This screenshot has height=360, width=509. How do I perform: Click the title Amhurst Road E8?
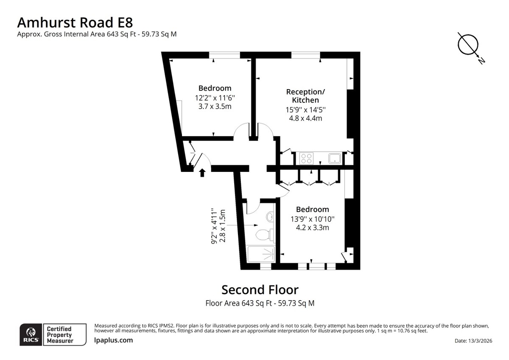coord(75,22)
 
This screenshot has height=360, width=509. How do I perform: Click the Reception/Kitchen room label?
coord(305,96)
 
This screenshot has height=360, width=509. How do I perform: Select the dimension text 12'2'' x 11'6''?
coord(215,98)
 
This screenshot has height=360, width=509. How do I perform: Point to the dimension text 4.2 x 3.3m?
coord(313,228)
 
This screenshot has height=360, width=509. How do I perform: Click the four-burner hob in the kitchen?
coord(306,158)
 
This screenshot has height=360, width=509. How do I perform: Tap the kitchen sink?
coord(335,158)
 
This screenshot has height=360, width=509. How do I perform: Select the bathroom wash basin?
coord(270,217)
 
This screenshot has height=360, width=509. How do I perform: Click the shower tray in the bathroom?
coord(261,254)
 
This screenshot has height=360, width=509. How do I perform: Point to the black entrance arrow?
coord(202,173)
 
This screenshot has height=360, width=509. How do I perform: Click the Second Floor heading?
coord(260,290)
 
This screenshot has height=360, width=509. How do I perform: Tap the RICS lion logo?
coord(31,335)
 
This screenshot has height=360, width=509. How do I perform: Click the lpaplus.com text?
coord(113,340)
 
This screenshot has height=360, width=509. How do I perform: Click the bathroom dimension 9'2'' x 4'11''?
coord(214,226)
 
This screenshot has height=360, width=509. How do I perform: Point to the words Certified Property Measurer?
coord(60,335)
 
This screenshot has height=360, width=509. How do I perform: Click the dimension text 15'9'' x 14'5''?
coord(305,110)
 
